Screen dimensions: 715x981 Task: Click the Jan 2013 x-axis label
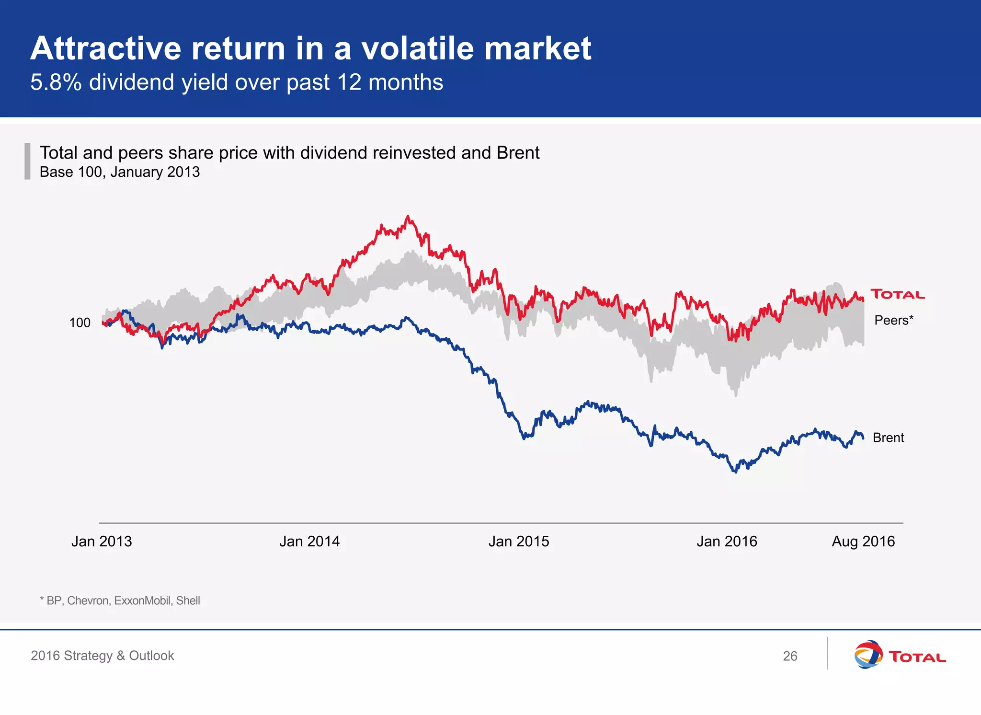point(102,542)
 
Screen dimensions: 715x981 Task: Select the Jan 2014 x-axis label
point(309,542)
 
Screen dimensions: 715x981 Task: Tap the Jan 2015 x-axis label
point(519,542)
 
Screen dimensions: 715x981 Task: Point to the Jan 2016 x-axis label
point(727,542)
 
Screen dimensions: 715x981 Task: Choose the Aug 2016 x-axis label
point(863,542)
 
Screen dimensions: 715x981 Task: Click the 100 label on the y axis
point(80,323)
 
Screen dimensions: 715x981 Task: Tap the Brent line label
point(888,438)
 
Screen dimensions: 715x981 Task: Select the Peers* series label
point(894,320)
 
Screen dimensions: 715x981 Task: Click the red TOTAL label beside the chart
point(897,294)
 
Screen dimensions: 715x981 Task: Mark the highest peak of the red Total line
point(408,217)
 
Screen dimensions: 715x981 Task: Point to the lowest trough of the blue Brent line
point(735,472)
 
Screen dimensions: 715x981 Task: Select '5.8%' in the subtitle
point(56,82)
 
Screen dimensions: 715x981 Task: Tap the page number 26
point(790,656)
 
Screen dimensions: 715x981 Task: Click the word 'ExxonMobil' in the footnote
point(143,600)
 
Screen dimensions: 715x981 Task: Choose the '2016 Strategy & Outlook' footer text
point(102,656)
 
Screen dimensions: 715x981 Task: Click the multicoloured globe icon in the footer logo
point(868,654)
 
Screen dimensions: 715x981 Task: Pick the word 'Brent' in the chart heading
point(518,153)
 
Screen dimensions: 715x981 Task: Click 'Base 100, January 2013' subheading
point(120,172)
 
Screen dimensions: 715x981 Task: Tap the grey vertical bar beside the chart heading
point(27,161)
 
